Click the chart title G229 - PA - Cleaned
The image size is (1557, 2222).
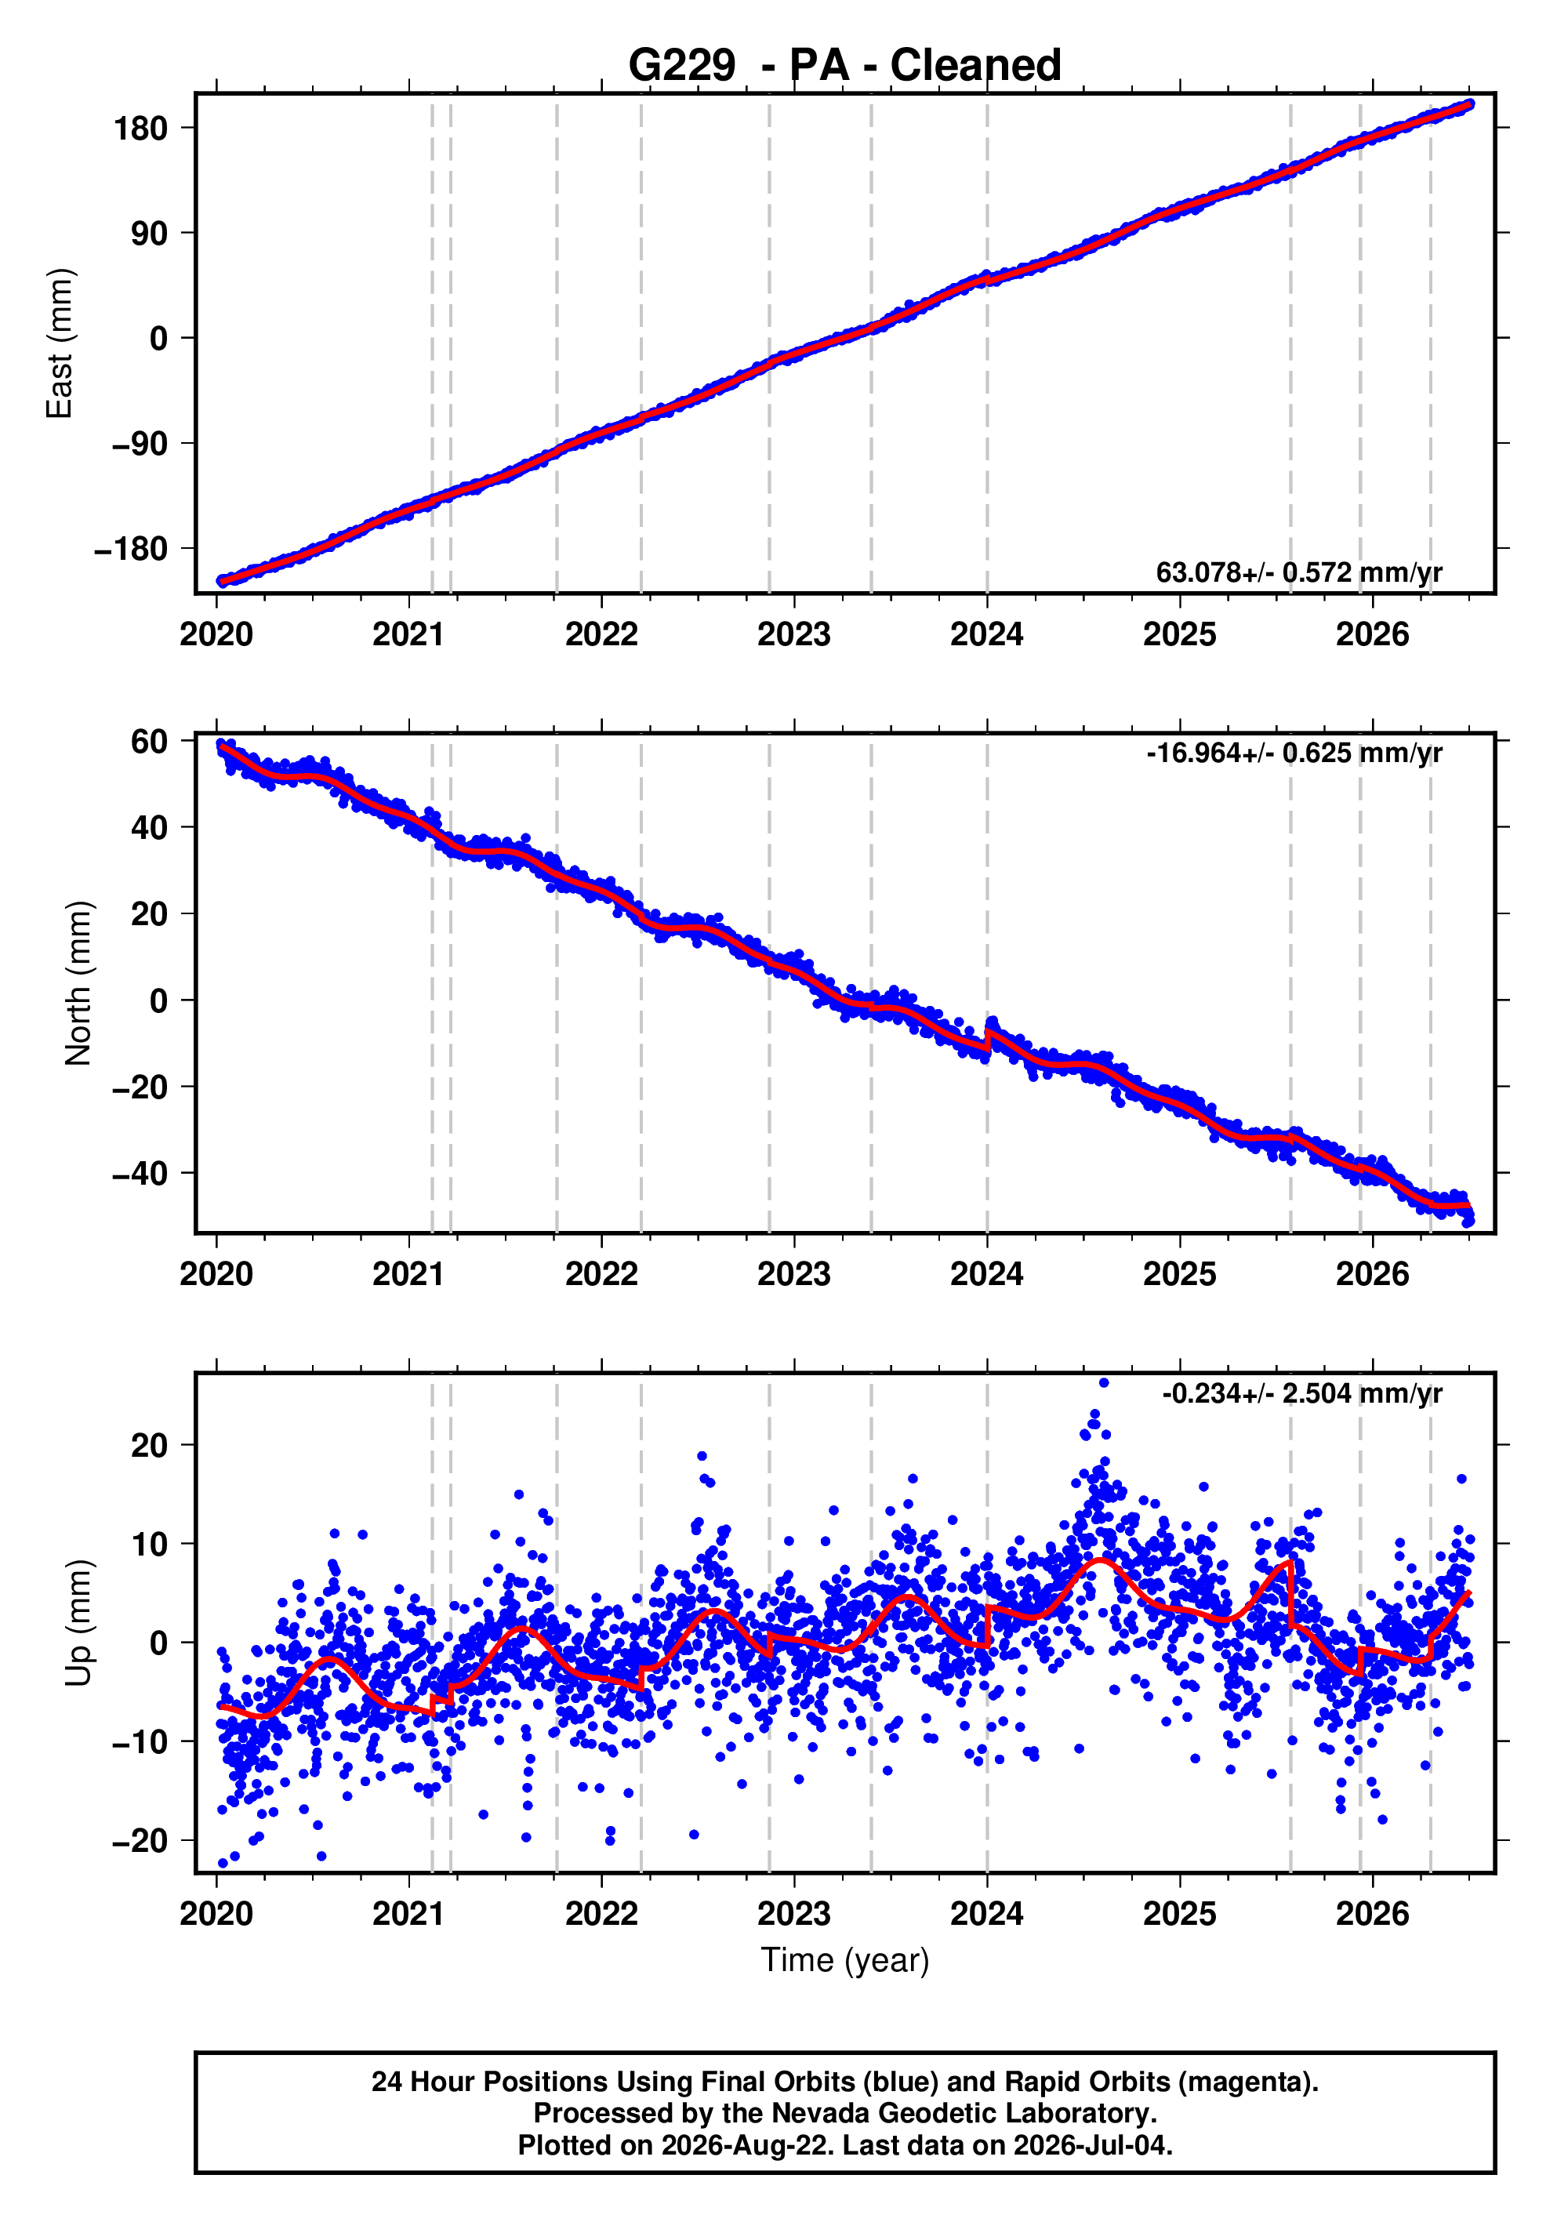point(845,66)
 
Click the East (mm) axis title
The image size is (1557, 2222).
point(60,343)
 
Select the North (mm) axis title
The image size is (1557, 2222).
point(78,983)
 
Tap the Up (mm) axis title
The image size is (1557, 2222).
point(78,1623)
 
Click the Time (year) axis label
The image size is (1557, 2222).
point(845,1961)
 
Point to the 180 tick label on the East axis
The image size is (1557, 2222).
point(140,128)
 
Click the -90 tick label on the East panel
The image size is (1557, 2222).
point(132,445)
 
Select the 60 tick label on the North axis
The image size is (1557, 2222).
point(150,742)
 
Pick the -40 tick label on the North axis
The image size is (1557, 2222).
point(140,1175)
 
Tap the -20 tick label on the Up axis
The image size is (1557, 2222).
point(140,1841)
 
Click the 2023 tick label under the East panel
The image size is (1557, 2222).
point(793,635)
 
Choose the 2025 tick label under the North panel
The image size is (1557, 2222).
point(1180,1275)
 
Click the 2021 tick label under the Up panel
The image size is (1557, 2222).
point(408,1914)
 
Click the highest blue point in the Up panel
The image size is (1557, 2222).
point(1104,1383)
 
